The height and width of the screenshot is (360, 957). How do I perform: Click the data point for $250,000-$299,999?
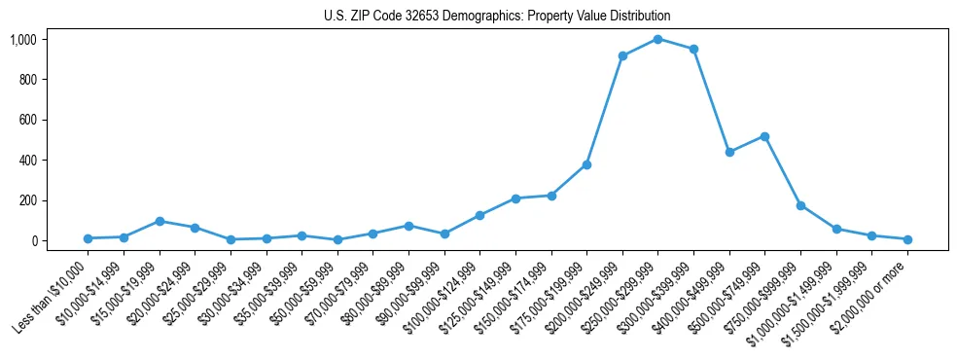point(658,39)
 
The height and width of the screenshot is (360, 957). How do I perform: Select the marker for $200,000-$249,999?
point(622,55)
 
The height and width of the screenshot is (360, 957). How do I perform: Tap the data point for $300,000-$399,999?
point(693,49)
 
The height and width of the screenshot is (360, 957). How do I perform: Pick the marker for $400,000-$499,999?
point(729,152)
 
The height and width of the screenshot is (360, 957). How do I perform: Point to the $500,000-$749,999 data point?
point(764,136)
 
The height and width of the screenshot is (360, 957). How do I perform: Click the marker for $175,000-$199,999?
point(586,164)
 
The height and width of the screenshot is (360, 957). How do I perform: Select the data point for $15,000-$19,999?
point(159,221)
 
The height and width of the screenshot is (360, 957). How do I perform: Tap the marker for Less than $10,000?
point(88,238)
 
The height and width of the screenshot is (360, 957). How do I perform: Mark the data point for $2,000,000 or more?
point(907,239)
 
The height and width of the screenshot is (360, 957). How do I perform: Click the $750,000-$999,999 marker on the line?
point(800,205)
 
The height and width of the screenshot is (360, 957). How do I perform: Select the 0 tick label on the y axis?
point(33,240)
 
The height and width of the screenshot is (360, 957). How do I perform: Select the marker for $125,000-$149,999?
point(515,198)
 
